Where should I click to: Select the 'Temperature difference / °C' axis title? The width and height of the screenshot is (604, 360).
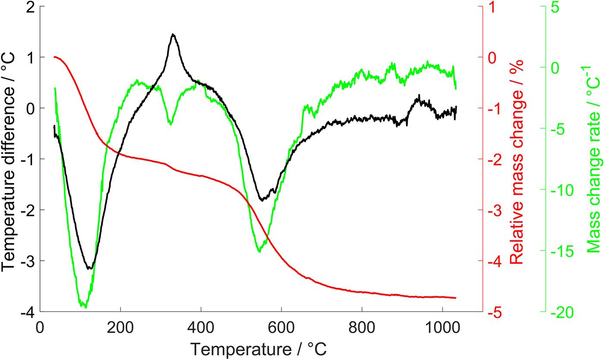coord(9,160)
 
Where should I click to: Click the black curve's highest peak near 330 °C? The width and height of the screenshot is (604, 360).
coord(173,34)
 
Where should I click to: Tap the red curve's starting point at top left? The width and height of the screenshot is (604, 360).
coord(54,57)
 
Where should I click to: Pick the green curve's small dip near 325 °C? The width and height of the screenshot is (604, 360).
coord(170,124)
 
